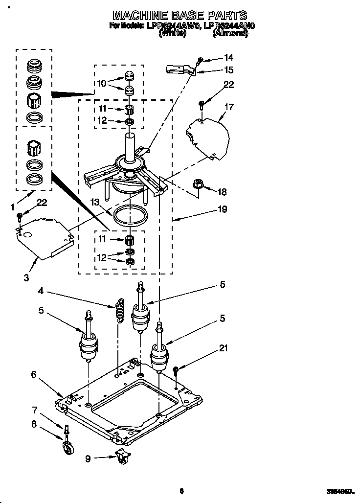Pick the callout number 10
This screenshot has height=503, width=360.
(101, 83)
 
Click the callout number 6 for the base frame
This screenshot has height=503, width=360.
(34, 374)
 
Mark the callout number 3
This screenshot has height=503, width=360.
(25, 277)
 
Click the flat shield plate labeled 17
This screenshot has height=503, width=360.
(208, 135)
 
